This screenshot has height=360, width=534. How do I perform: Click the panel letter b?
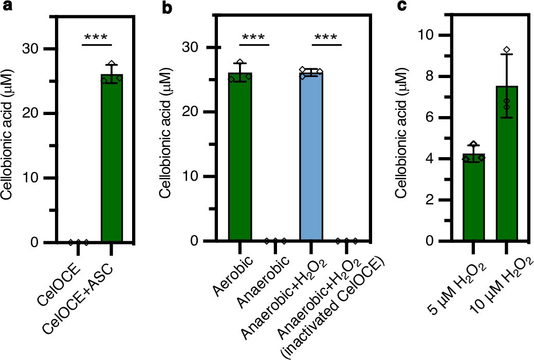coord(168,8)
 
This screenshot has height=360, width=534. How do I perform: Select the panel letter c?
coord(403,8)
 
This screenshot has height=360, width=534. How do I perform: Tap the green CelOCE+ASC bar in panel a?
coord(112,159)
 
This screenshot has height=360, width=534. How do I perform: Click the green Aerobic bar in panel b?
coord(240,159)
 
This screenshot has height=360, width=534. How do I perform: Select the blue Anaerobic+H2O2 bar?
coord(311,159)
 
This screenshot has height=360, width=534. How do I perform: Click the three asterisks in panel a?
coord(97,37)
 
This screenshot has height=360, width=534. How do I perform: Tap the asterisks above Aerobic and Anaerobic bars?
coord(255,37)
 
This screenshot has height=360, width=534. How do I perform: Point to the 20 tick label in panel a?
coord(36,113)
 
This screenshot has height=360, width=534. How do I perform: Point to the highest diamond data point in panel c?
coord(507,50)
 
